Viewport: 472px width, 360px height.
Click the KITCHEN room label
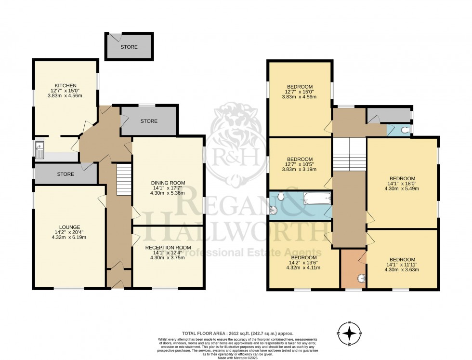65,85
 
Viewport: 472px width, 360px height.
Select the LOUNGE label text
70,227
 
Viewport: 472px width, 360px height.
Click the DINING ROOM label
168,183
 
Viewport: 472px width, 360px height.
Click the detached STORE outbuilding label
129,47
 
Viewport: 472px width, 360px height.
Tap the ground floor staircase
124,179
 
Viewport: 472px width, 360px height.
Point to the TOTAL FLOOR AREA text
237,333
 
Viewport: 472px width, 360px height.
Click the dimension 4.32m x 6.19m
70,237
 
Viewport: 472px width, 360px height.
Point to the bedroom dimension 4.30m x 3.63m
402,269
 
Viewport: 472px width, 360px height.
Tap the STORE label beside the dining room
149,121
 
